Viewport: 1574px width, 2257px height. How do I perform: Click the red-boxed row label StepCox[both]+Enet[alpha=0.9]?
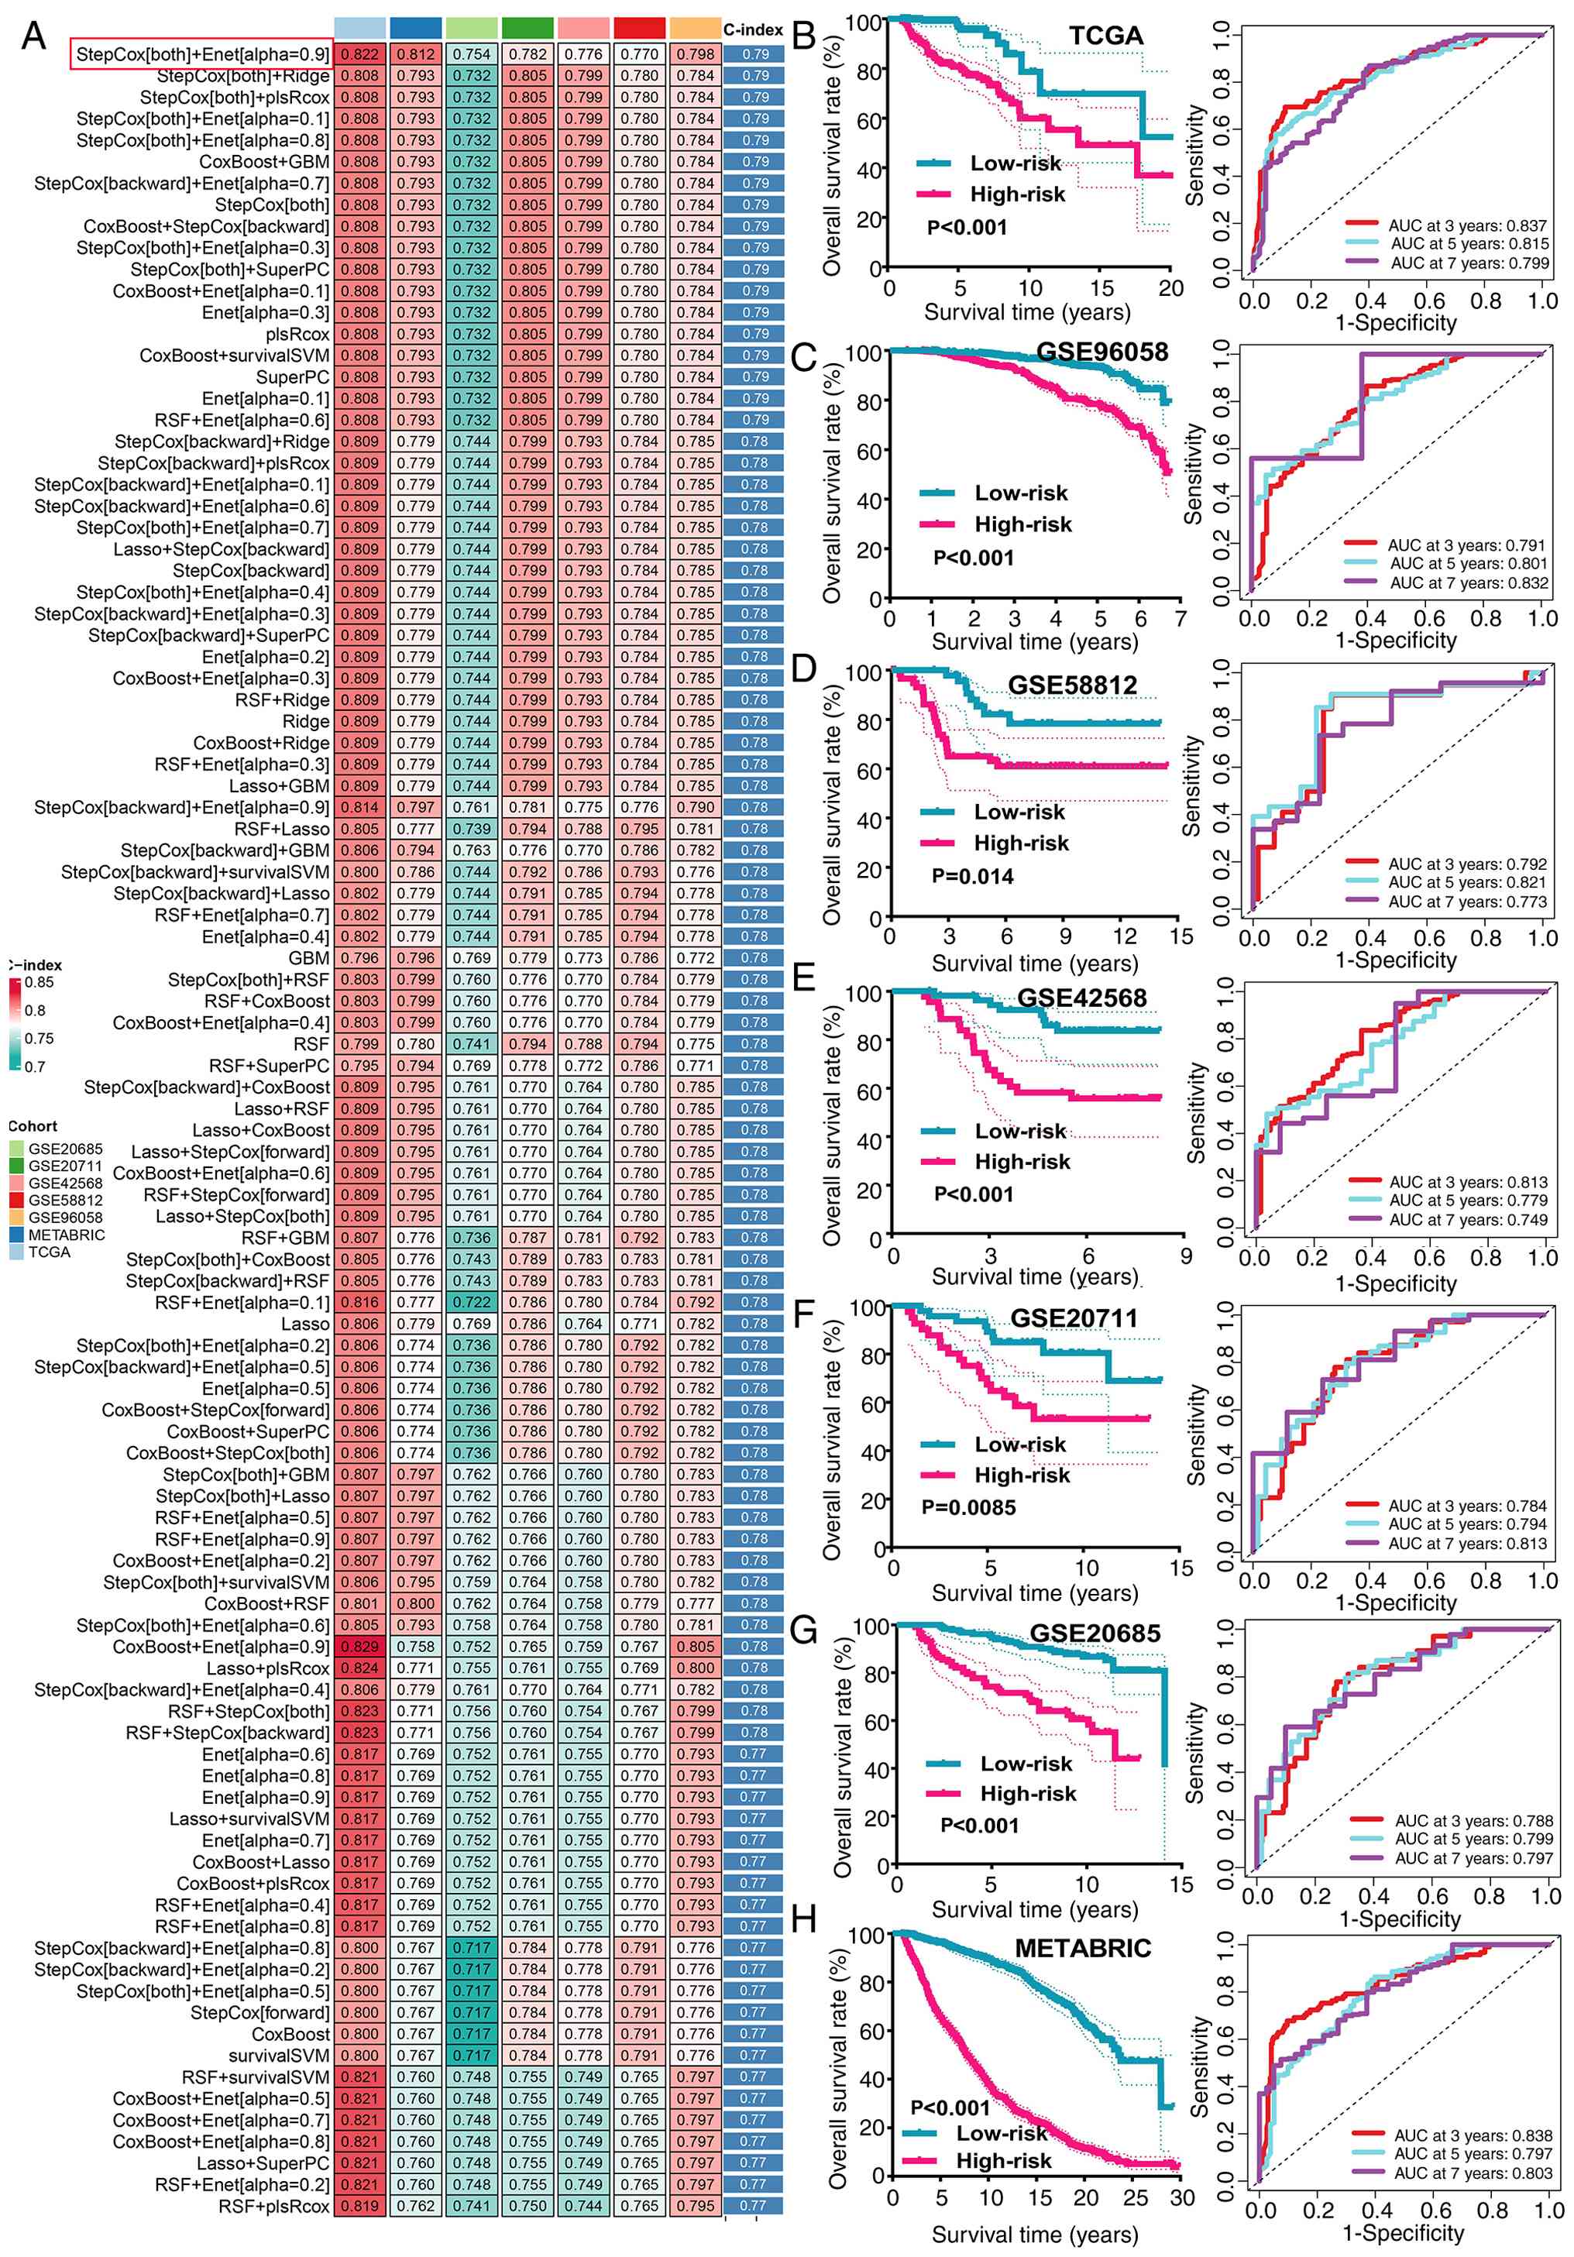click(x=201, y=54)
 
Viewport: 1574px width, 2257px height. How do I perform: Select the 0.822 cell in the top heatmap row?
click(x=360, y=54)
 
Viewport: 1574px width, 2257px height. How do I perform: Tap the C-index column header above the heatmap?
click(x=753, y=29)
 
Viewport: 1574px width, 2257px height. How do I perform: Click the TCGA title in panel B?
click(x=1105, y=36)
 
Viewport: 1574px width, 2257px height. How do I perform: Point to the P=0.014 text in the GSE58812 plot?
click(x=971, y=876)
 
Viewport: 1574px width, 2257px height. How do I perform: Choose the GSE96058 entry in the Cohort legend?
click(x=65, y=1217)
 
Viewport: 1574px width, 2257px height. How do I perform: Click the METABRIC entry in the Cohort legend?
click(x=66, y=1235)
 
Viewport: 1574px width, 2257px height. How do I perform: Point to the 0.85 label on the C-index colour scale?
click(x=40, y=982)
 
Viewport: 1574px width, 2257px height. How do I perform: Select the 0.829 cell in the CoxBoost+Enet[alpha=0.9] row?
click(x=360, y=1647)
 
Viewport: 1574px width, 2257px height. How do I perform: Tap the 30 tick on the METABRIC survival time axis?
click(x=1180, y=2198)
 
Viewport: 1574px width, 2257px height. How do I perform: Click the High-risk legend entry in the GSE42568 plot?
click(x=1022, y=1162)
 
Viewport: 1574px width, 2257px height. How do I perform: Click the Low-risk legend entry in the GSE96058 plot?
click(x=1019, y=493)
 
